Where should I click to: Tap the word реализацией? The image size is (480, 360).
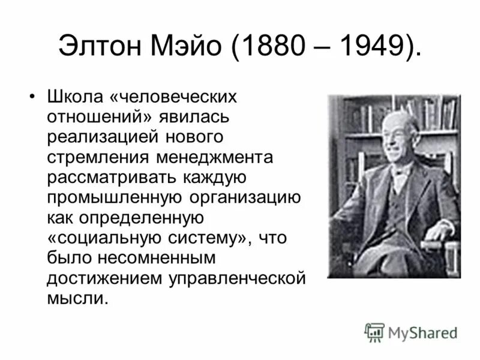101,137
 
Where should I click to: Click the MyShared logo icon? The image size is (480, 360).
375,331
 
